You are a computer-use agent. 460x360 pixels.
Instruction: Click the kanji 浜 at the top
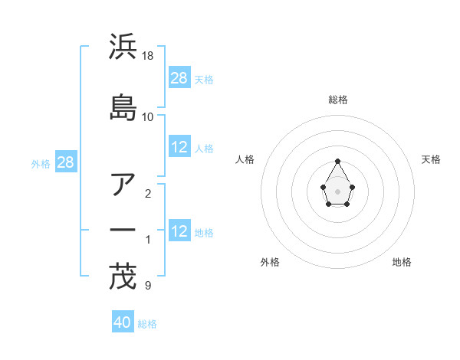123,47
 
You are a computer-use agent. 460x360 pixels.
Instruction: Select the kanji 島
123,108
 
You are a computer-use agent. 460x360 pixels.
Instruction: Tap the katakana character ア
123,185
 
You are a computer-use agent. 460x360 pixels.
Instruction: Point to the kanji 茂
123,277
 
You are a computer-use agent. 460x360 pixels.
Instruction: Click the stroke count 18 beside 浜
148,56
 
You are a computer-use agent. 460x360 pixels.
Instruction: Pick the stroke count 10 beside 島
148,116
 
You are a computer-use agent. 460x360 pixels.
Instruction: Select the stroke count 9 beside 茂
147,286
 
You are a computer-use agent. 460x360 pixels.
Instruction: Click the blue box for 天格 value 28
179,78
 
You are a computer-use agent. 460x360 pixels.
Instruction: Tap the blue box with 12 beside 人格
179,148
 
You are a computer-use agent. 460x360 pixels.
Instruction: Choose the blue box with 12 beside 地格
179,231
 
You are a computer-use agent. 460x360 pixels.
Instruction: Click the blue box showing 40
123,322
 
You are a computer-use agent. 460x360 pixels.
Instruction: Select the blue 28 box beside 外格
64,162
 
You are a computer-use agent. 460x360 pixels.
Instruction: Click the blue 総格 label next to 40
147,324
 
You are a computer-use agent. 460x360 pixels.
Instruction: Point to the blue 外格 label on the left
41,163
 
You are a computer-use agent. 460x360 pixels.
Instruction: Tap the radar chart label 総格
338,100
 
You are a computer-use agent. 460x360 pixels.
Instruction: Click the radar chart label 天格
431,159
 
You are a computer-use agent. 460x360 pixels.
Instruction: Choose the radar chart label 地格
402,262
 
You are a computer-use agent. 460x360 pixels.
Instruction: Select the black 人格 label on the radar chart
245,159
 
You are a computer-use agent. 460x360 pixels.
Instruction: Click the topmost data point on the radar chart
338,161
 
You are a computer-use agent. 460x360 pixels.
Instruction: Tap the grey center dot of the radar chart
338,191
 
